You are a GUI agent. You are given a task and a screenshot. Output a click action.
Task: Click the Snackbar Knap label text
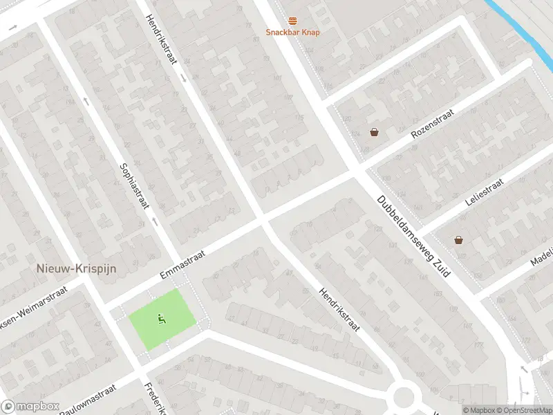(x=293, y=33)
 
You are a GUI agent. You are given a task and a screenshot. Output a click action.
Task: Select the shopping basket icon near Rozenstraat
(x=374, y=132)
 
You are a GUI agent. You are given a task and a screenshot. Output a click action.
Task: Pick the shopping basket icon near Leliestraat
(x=458, y=240)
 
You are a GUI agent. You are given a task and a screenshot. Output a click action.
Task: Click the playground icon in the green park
(x=161, y=319)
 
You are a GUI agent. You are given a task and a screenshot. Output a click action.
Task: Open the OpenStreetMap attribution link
(x=523, y=410)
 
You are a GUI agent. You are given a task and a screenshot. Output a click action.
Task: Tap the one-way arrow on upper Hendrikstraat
(x=185, y=77)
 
